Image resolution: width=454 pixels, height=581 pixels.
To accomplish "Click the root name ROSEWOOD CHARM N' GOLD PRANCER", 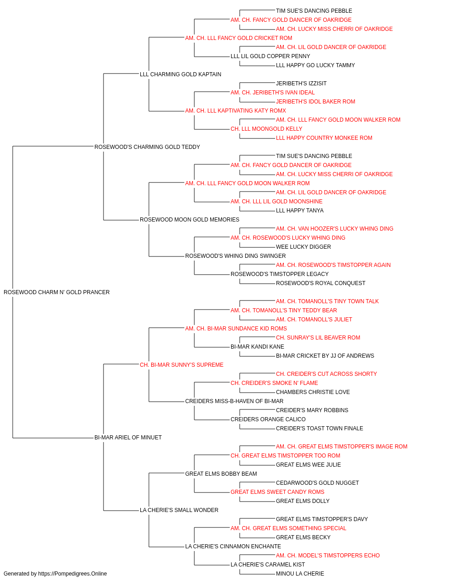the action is pos(57,292).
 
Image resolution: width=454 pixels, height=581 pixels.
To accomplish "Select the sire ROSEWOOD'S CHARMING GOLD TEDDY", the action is pos(147,147).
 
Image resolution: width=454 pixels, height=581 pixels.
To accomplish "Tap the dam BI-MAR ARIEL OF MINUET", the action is pos(128,438).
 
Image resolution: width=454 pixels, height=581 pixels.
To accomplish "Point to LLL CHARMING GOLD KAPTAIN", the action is pos(181,74).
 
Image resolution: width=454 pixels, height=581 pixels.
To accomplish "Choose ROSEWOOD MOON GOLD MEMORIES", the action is pos(190,220).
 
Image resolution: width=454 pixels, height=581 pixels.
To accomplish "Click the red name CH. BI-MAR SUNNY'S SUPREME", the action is pos(182,365).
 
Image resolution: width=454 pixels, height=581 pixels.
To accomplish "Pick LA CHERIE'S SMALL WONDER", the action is pos(179,510).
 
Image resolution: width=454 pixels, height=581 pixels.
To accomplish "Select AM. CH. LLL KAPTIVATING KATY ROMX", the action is pos(236,111).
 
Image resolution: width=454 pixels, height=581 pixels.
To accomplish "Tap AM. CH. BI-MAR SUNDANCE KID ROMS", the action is pos(236,329).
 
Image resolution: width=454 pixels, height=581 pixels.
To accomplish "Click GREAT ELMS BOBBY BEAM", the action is pos(221,474).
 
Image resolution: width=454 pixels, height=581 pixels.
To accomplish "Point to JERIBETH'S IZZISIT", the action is pos(301,84).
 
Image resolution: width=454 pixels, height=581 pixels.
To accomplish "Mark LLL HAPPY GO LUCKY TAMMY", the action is pos(316,65).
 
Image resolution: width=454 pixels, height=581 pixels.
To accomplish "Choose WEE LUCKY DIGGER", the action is pos(303,247).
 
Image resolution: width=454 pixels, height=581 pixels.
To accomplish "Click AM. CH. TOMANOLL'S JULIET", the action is pos(314,320).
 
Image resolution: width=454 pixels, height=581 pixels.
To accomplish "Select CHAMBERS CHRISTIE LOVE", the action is pos(313,392).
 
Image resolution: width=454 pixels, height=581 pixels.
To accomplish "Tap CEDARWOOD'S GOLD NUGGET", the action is pos(317,483).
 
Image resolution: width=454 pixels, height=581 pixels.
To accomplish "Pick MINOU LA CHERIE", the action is pos(300,574).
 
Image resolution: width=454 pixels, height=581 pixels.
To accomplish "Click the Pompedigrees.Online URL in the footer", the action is pos(73,574).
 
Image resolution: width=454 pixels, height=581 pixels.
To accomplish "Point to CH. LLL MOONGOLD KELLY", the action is pos(266,129).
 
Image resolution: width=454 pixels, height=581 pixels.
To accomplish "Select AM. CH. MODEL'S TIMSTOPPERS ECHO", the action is pos(328,555).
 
